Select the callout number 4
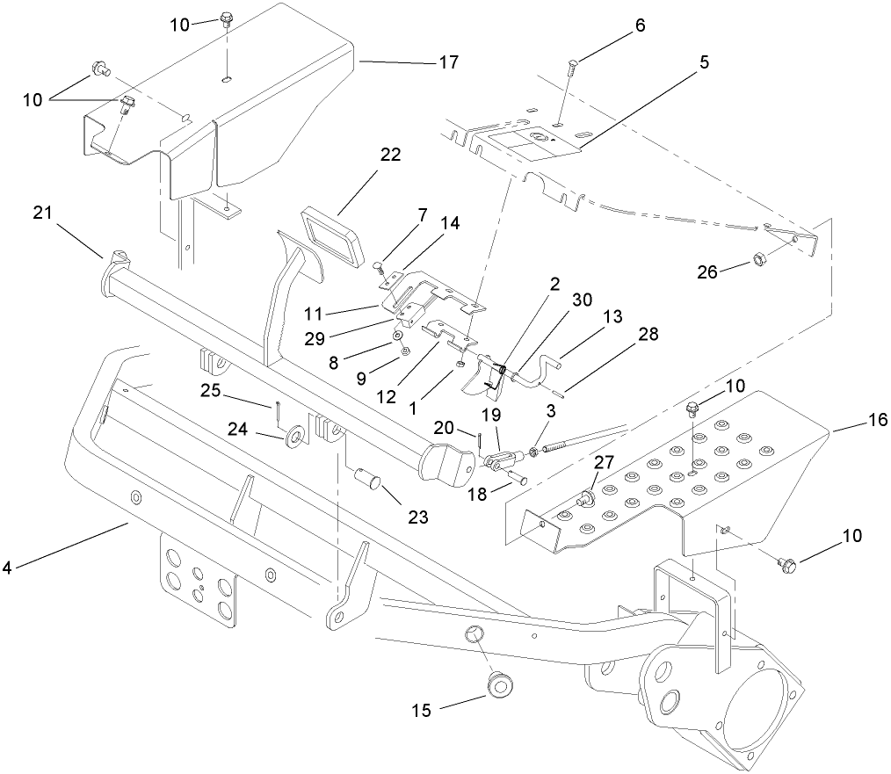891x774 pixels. click(x=7, y=568)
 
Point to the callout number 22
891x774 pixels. click(x=390, y=156)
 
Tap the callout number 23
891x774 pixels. click(x=417, y=517)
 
